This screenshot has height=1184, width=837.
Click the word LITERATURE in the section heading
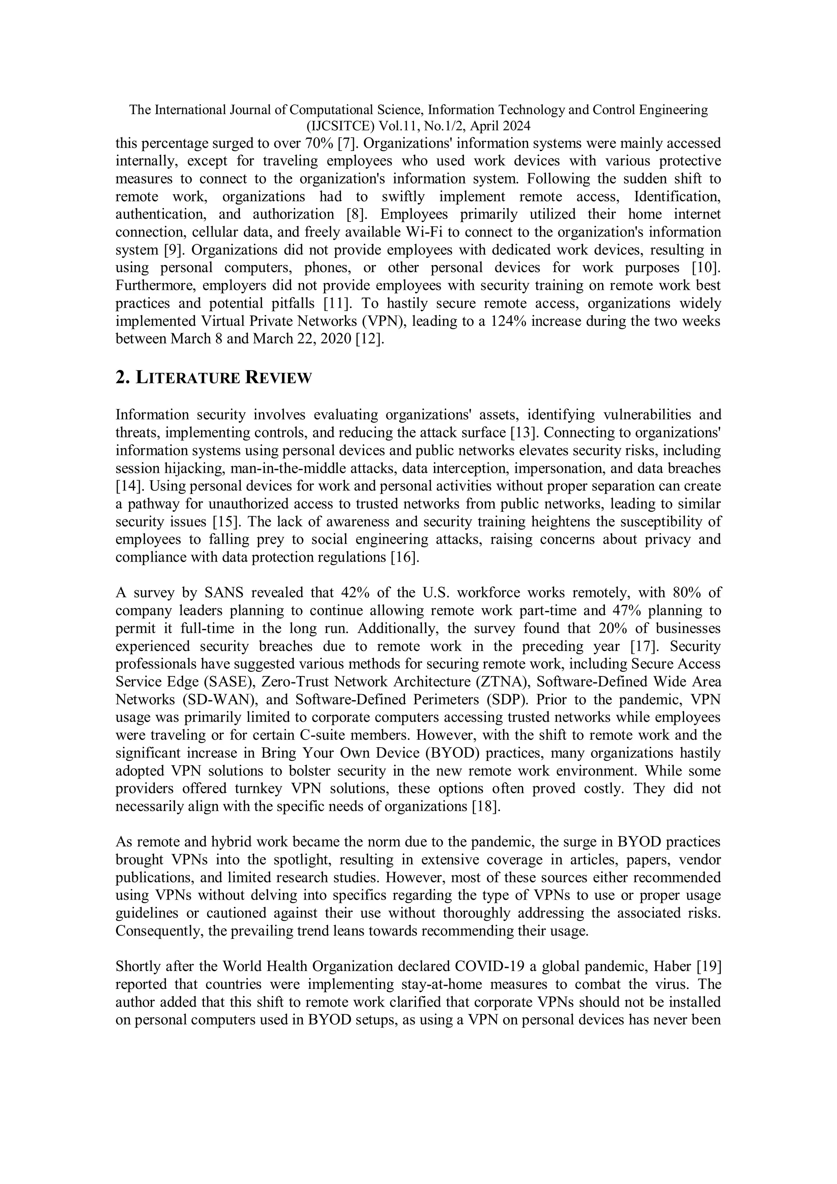188,378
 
